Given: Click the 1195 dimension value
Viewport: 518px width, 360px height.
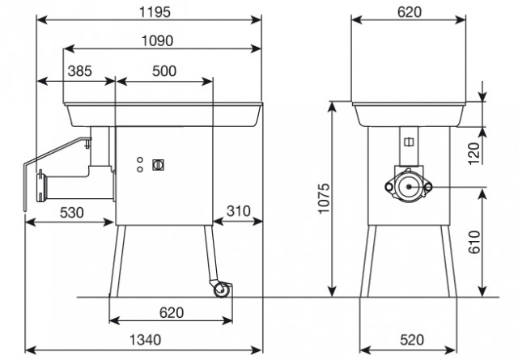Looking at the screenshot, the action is point(155,12).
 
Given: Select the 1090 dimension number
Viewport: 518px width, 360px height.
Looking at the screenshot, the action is point(157,41).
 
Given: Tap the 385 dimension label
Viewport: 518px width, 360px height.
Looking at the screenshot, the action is point(79,71).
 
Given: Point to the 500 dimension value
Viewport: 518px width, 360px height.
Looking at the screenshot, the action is point(164,71).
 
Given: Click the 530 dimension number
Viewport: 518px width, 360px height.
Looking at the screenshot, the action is point(72,213).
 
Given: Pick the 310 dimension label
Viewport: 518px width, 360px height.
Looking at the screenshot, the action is point(239,211).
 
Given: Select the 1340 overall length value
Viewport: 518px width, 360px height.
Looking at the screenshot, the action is point(145,340).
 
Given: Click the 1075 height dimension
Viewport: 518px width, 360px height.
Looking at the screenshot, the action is point(325,198).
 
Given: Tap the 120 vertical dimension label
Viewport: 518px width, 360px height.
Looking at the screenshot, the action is point(474,154).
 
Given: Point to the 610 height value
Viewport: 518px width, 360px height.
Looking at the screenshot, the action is point(474,242).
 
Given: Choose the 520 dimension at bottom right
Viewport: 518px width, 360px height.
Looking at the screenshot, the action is point(412,340).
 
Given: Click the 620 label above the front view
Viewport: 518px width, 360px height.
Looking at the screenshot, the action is point(410,12).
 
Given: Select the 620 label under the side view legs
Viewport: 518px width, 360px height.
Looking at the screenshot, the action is point(171,313).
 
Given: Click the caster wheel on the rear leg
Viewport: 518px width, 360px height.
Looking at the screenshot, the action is point(222,290).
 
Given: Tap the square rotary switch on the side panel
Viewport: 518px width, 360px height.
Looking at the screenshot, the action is point(159,165).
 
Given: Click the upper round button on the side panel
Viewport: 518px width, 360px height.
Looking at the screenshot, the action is point(140,160).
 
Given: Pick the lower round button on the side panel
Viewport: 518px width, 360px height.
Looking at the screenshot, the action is point(140,169).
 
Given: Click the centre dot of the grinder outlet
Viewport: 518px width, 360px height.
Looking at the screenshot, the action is point(409,187).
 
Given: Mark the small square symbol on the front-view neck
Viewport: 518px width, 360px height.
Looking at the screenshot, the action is point(409,142).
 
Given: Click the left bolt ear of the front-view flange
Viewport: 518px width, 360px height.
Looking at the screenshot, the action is point(389,187).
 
